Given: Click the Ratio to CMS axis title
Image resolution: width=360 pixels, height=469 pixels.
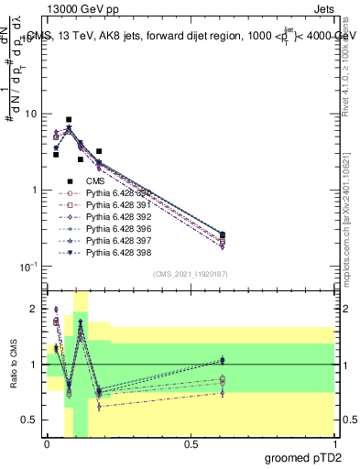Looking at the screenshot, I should tap(15, 365).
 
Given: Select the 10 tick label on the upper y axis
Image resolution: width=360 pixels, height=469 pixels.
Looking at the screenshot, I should tap(30, 115).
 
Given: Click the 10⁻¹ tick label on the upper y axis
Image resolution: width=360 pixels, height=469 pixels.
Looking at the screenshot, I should tap(28, 267).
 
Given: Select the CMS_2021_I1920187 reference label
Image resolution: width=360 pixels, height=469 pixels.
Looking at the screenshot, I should tap(190, 274).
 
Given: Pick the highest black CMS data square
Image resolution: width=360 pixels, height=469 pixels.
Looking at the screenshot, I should tap(69, 120).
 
